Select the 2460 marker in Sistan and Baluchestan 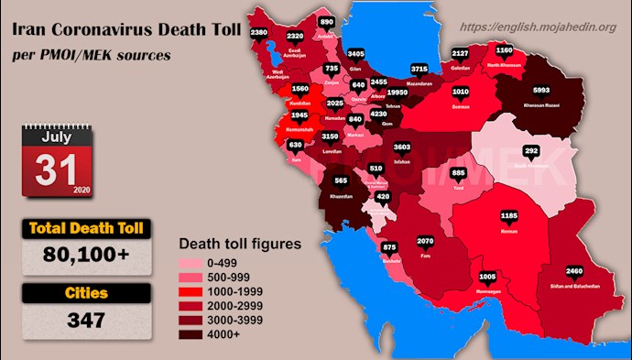pos(574,272)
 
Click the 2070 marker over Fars pos(425,241)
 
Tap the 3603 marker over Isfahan pos(402,147)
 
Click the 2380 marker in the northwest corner pos(259,33)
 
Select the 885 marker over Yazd pos(459,173)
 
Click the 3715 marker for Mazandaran pos(420,68)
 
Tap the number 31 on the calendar pos(52,169)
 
